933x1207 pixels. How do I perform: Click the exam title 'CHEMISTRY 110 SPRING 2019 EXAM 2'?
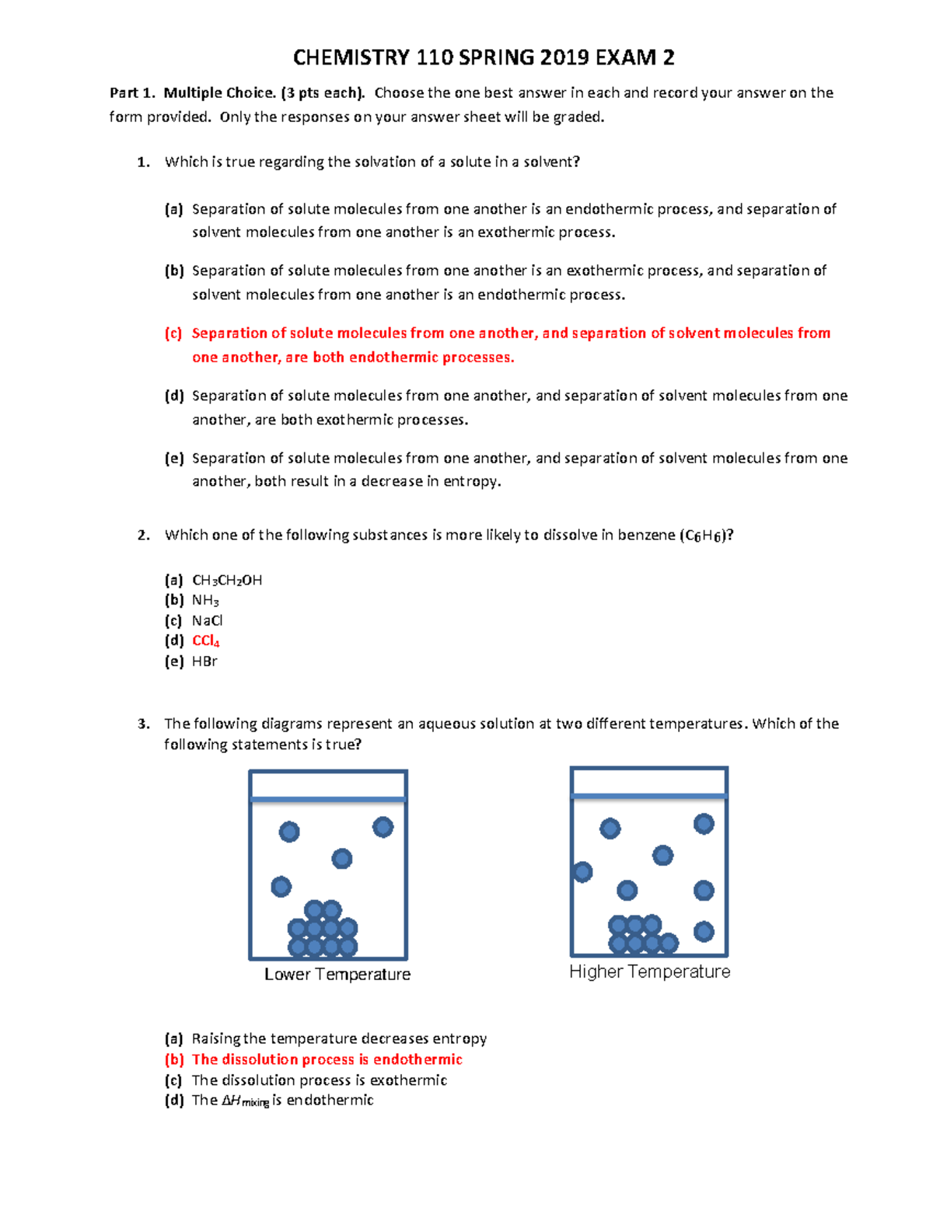[x=483, y=58]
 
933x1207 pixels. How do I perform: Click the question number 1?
[x=142, y=162]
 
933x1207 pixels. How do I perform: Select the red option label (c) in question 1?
[x=173, y=333]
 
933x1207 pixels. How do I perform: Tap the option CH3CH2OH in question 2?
[x=226, y=581]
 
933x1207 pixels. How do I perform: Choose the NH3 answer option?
[x=205, y=601]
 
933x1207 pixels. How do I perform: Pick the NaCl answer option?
[x=207, y=621]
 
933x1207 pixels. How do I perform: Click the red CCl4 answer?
[x=206, y=641]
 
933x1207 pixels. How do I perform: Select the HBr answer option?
[x=204, y=661]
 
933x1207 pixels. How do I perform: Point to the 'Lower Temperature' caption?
[x=337, y=975]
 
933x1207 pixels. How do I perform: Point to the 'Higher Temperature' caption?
[x=649, y=972]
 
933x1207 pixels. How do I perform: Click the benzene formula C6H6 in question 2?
[x=704, y=536]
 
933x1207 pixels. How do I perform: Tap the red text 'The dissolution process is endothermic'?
[x=327, y=1059]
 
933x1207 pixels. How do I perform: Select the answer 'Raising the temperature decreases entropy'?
[x=339, y=1039]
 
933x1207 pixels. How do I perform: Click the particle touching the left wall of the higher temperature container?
[x=582, y=872]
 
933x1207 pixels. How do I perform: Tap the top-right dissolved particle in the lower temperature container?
[x=383, y=827]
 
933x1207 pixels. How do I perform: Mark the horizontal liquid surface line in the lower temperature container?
[x=328, y=799]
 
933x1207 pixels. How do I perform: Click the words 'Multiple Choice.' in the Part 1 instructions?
[x=219, y=93]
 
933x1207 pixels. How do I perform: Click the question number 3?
[x=143, y=724]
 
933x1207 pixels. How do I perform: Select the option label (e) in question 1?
[x=173, y=459]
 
